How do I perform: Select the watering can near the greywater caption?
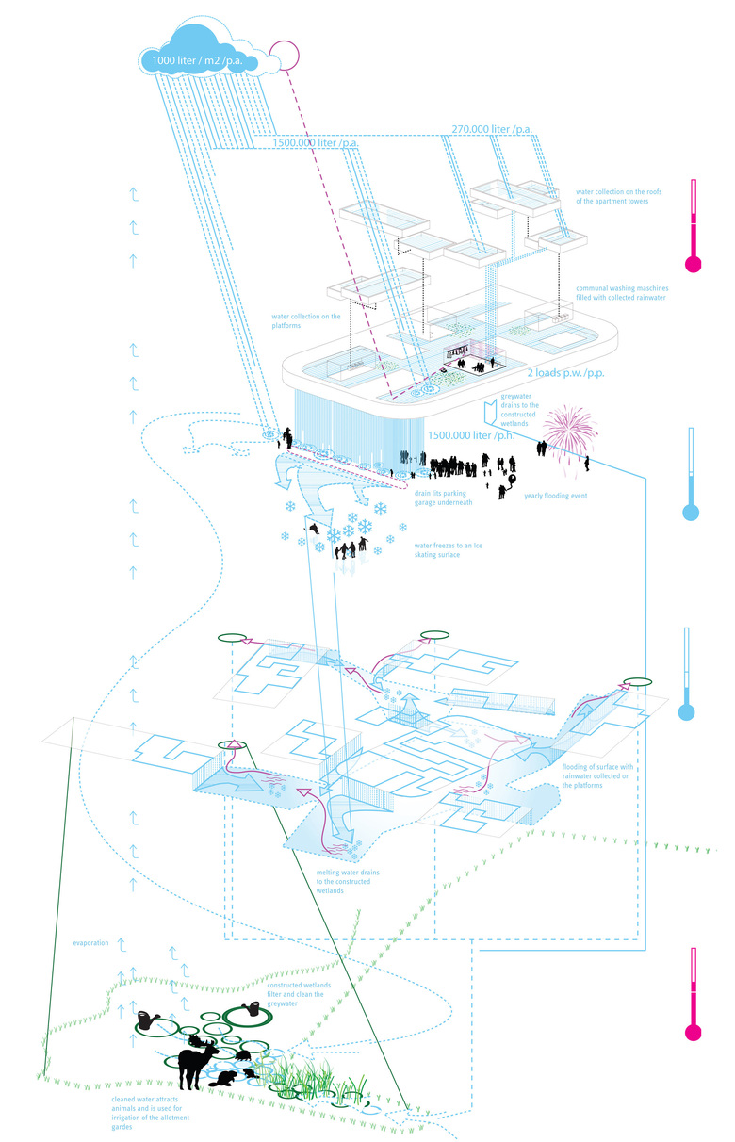click(253, 1009)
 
